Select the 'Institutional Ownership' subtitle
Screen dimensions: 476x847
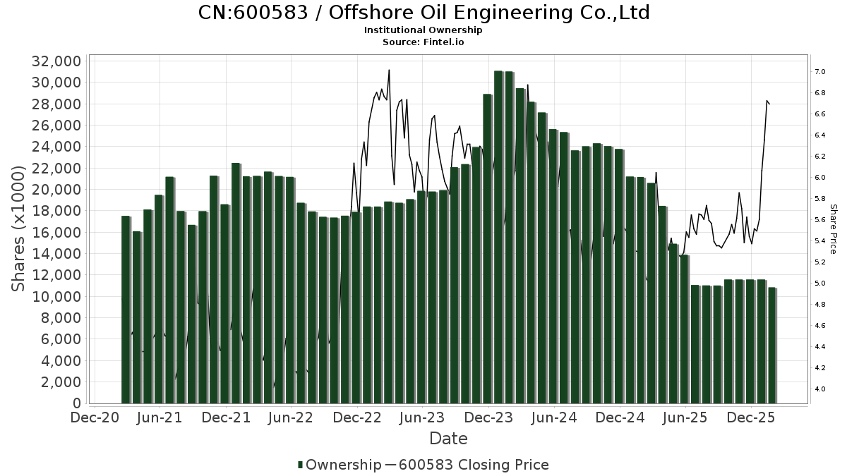(x=423, y=30)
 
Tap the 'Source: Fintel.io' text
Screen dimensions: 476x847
(x=423, y=42)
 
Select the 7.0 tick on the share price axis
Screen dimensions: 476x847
(x=819, y=72)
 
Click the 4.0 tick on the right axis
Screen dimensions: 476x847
(x=819, y=389)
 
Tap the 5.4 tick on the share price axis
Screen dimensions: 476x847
(x=819, y=241)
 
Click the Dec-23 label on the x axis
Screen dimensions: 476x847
(x=488, y=418)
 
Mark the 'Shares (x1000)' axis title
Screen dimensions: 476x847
(x=20, y=229)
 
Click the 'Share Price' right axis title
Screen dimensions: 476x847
(x=833, y=229)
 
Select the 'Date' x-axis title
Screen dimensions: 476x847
(x=449, y=439)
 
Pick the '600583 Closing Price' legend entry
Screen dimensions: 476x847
(x=473, y=465)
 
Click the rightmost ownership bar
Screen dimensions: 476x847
(x=772, y=346)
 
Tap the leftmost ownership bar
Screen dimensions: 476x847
(x=126, y=310)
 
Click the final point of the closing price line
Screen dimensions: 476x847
(x=769, y=104)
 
